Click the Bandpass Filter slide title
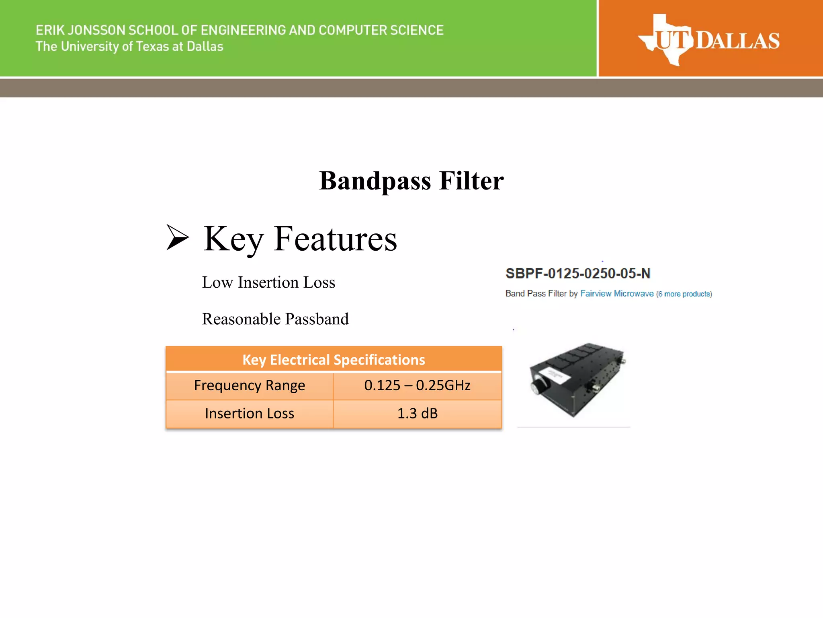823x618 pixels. tap(411, 181)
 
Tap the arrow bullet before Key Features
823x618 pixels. tap(177, 237)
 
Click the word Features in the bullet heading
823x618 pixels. tap(335, 239)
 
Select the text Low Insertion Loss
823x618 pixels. tap(268, 282)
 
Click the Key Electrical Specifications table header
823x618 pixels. tap(334, 359)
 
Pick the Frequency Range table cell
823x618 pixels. tap(250, 385)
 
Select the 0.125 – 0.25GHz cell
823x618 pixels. tap(417, 385)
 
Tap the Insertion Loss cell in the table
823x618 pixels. tap(250, 414)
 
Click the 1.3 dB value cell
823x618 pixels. tap(417, 414)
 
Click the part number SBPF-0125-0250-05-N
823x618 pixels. tap(577, 274)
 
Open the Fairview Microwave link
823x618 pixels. tap(616, 294)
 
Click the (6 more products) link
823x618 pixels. tap(684, 294)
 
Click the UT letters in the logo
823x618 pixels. tap(674, 41)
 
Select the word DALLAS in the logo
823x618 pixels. tap(737, 41)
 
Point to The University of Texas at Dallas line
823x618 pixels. tap(129, 47)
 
